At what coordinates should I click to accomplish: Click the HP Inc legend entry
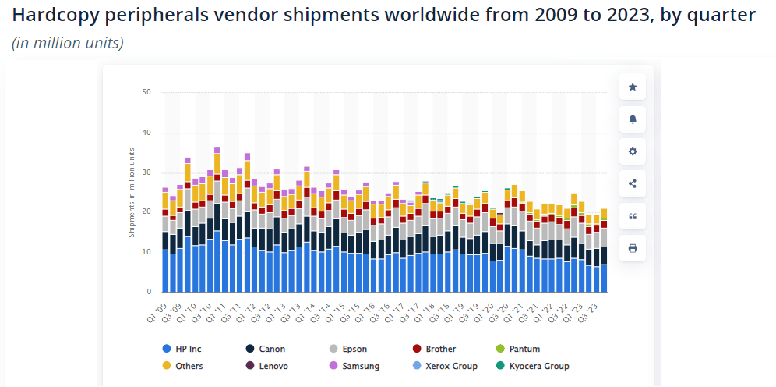184,349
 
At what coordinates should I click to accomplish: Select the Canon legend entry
268,349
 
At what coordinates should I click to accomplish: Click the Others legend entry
185,366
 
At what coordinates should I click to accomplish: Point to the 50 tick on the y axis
146,92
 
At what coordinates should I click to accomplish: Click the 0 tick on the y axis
149,292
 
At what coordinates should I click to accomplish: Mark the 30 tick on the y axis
146,172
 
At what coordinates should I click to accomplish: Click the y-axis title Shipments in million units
132,192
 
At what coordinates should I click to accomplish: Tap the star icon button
633,87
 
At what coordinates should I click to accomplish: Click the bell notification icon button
633,119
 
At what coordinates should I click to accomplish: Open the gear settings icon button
633,151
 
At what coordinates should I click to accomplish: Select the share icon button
633,184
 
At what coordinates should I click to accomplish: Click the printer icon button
633,248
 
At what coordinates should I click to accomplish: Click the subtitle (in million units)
68,43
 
